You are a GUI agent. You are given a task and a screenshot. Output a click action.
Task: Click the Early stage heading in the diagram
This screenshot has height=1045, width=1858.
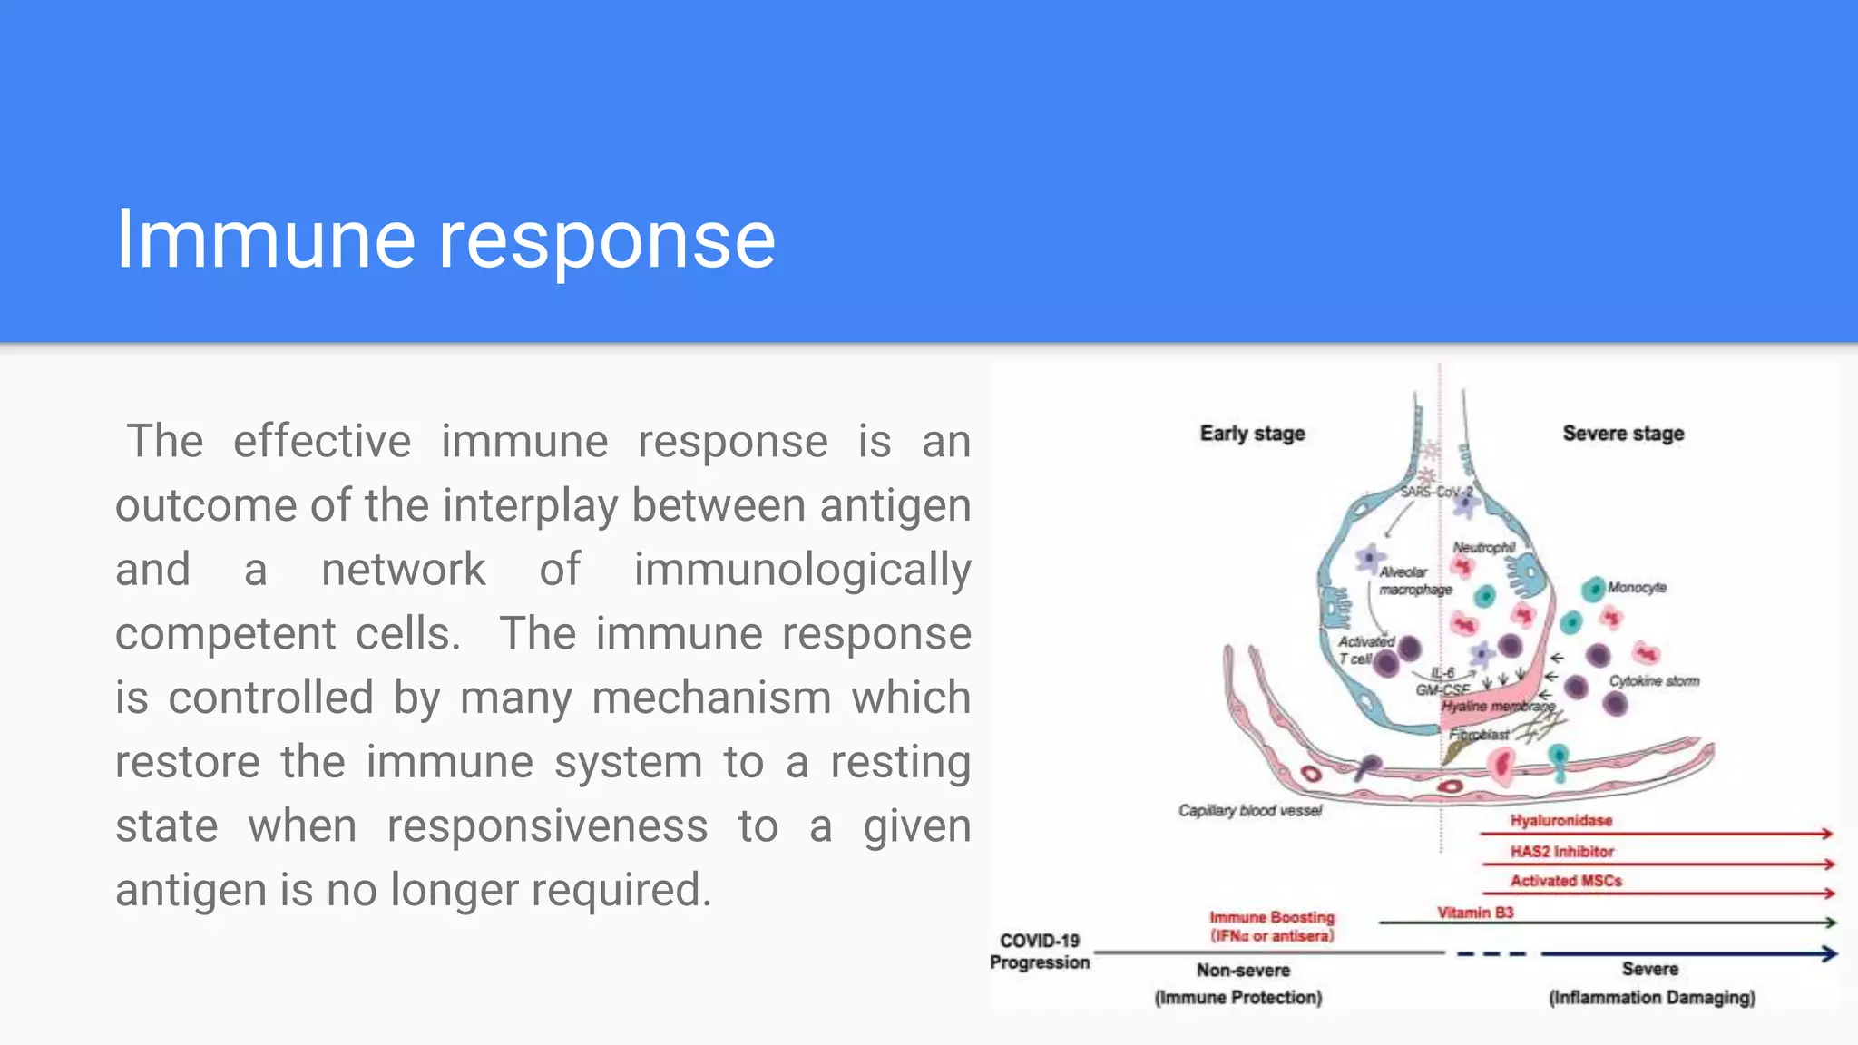1252,434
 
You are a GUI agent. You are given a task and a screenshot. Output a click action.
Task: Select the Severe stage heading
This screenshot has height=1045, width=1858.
1623,434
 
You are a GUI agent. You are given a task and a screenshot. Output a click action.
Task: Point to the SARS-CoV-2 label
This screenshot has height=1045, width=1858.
1436,492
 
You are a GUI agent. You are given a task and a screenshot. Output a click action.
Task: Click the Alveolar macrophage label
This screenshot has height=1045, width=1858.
1413,581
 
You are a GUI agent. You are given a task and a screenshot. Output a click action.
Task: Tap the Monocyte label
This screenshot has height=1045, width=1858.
1637,588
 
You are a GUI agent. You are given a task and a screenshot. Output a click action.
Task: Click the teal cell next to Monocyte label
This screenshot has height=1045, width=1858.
1593,590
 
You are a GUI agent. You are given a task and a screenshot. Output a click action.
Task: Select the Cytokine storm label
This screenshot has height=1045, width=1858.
1654,681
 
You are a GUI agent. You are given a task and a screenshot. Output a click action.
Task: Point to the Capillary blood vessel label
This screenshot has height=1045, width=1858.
1249,811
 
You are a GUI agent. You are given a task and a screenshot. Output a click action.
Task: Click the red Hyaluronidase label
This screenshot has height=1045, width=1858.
1560,821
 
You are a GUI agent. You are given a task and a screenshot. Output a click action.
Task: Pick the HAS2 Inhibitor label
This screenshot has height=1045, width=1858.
1561,852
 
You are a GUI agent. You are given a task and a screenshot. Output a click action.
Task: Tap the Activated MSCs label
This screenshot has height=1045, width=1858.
1566,881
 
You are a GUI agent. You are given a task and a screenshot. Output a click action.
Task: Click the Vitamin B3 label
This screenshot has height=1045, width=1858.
1475,913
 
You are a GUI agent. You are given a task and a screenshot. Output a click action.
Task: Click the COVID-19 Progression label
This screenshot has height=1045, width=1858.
1040,952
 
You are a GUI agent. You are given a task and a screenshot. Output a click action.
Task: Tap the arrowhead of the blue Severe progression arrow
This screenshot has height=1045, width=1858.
1829,953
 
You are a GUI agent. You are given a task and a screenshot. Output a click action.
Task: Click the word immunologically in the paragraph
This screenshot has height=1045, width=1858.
802,570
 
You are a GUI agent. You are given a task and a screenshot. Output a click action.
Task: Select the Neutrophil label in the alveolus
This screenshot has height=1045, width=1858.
1483,548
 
